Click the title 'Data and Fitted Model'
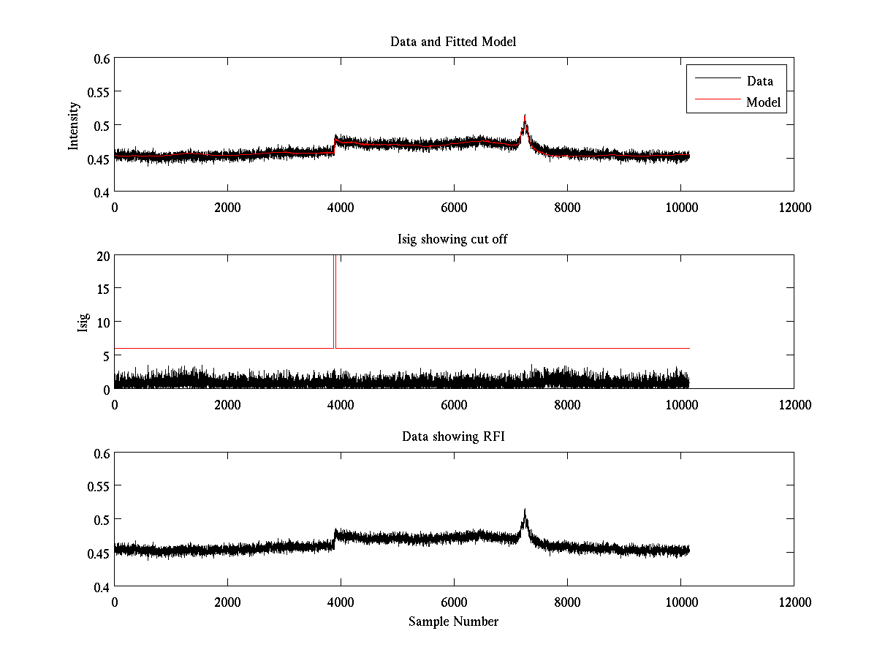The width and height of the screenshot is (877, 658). [x=453, y=42]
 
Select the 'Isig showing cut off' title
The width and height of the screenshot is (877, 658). [x=452, y=239]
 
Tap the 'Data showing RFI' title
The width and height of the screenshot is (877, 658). [x=453, y=436]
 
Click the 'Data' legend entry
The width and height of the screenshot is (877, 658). [x=759, y=81]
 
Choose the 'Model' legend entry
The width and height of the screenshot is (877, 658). [x=763, y=102]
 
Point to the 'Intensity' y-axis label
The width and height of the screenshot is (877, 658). [x=73, y=125]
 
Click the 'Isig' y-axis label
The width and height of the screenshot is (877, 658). [x=83, y=322]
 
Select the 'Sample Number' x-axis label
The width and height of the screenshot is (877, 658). [x=453, y=621]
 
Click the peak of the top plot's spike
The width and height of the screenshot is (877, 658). [x=525, y=116]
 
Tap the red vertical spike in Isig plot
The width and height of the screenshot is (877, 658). [x=334, y=300]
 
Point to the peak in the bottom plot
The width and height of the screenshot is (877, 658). [x=525, y=510]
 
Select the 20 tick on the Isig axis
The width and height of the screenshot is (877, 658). [x=102, y=256]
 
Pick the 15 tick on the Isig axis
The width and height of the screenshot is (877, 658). [x=102, y=289]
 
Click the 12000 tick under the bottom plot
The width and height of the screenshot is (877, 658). [x=794, y=602]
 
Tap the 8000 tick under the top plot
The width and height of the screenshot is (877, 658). [x=567, y=207]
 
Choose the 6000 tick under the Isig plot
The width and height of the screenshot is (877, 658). [x=454, y=404]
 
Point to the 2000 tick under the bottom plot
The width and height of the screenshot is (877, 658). [x=227, y=602]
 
